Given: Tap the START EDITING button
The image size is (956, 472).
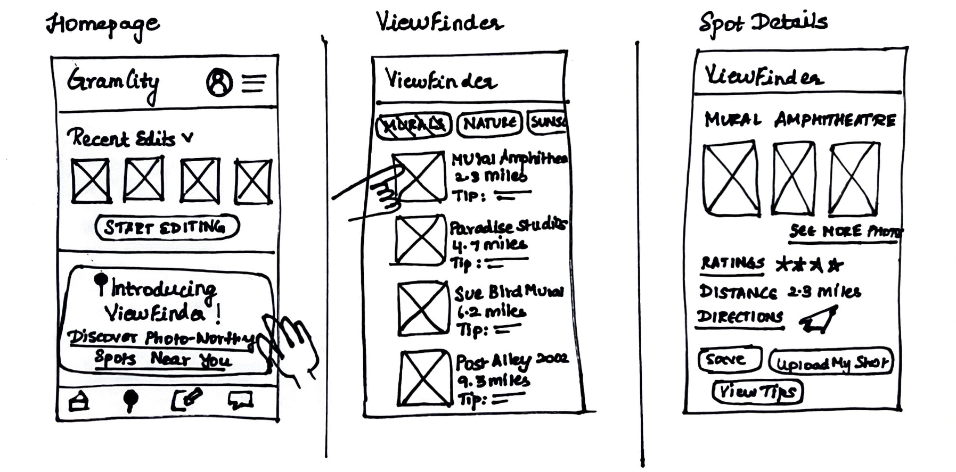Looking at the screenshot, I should click(x=167, y=227).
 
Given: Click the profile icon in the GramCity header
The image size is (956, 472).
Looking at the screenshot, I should click(x=219, y=82).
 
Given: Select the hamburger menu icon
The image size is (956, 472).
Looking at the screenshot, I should click(x=254, y=82).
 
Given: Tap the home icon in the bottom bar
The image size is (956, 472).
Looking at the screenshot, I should click(x=79, y=401).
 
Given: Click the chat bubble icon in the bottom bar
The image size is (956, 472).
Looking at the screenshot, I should click(x=240, y=400).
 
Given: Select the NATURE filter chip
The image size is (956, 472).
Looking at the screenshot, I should click(x=489, y=123).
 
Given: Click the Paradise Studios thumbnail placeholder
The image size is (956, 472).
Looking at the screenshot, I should click(x=420, y=239).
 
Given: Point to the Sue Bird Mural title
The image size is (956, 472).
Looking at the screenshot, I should click(x=509, y=292).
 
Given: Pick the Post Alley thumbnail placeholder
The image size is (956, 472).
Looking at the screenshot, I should click(x=425, y=378).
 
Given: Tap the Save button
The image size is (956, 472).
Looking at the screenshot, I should click(x=730, y=360).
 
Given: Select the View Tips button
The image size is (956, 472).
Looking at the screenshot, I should click(x=757, y=392).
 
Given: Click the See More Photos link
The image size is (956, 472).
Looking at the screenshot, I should click(x=844, y=232).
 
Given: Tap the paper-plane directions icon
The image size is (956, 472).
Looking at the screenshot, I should click(x=818, y=320).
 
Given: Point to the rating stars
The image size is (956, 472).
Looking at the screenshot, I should click(x=809, y=264).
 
